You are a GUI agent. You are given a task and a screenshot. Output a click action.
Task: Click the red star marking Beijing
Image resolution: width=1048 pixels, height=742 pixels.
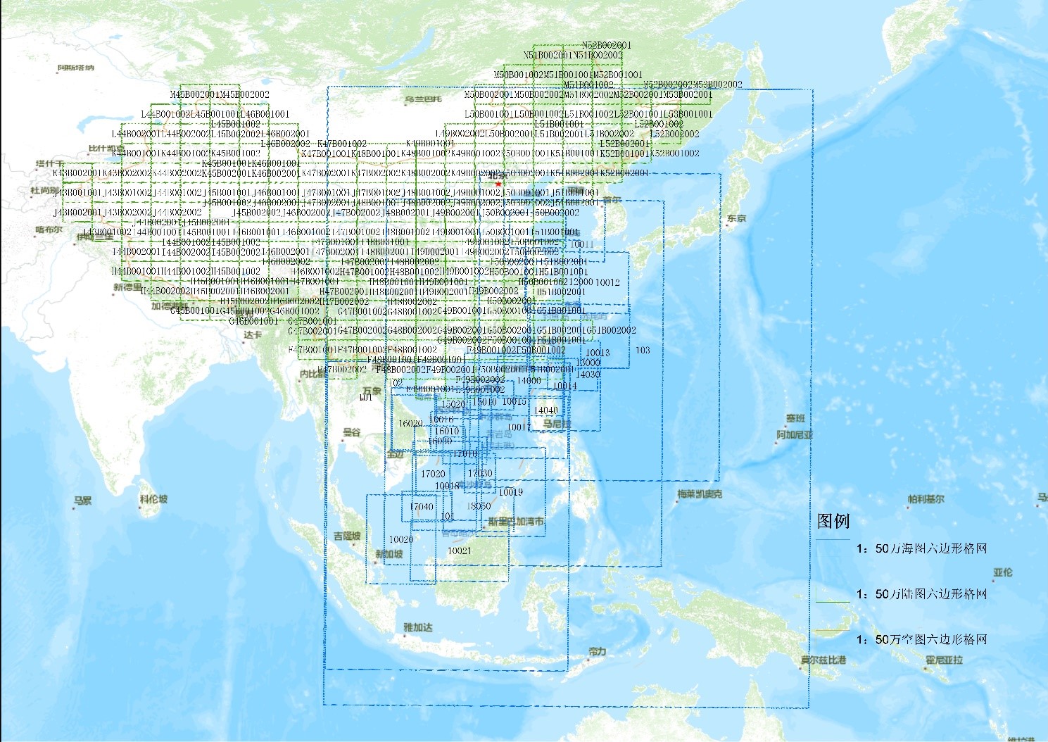coord(498,184)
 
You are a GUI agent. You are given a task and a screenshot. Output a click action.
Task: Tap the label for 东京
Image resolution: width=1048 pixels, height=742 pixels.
coord(736,218)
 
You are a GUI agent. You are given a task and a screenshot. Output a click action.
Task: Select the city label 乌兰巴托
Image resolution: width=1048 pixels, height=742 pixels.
coord(423,99)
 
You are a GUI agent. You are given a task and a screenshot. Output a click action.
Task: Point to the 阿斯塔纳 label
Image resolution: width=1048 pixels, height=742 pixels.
coord(75,68)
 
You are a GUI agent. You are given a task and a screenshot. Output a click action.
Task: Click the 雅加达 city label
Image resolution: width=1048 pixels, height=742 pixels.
coord(417,627)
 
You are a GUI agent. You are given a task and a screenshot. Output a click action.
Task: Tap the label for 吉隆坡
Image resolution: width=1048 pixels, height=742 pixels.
coord(347,536)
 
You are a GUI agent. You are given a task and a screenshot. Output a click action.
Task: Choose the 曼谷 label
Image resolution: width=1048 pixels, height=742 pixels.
coord(351,432)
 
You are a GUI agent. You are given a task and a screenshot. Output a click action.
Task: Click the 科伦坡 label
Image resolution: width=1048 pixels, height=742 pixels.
coord(153,499)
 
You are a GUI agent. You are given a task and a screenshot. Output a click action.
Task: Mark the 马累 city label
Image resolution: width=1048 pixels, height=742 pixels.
coord(82,501)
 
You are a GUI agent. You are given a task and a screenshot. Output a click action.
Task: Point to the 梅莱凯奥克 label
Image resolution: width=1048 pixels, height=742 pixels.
coord(699,494)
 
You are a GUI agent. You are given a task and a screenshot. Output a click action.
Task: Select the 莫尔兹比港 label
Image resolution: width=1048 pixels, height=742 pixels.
coord(823,660)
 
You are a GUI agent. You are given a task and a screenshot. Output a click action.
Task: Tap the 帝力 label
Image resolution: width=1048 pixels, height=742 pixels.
coord(597,651)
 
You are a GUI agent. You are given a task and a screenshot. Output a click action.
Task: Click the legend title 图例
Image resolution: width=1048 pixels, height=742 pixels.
coord(833,521)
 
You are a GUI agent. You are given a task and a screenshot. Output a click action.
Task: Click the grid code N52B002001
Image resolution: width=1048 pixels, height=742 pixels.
coord(606,45)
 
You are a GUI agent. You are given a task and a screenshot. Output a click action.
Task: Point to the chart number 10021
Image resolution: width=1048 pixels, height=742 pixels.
coord(459,551)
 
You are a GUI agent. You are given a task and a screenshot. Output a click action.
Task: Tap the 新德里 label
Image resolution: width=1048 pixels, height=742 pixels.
coord(127,287)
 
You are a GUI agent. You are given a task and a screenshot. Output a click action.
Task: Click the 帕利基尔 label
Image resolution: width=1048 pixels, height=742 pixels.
coord(926,499)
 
